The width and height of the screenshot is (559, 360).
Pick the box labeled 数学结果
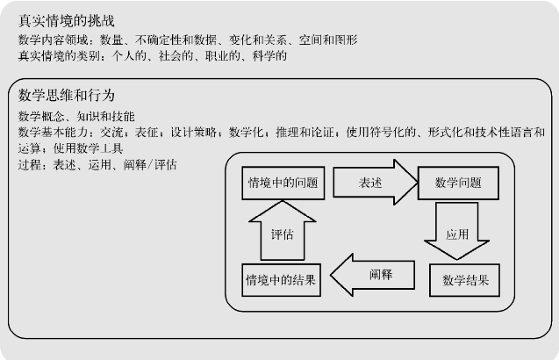pyautogui.click(x=465, y=281)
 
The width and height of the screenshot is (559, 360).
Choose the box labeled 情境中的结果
pyautogui.click(x=281, y=281)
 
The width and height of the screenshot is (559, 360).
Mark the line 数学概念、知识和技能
pyautogui.click(x=76, y=117)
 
